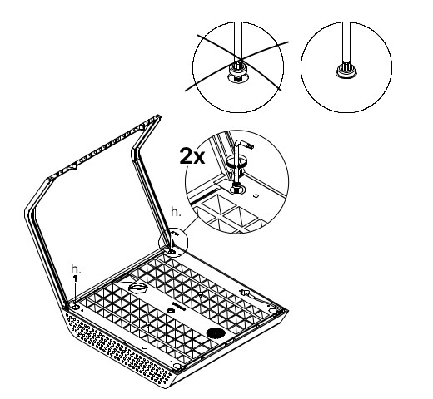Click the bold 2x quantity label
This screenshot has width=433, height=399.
pyautogui.click(x=192, y=156)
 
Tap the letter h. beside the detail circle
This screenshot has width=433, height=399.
pyautogui.click(x=176, y=212)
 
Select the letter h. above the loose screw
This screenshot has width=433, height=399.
pyautogui.click(x=76, y=269)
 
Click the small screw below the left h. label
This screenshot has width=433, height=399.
pyautogui.click(x=75, y=278)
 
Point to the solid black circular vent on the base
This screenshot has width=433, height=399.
pyautogui.click(x=216, y=333)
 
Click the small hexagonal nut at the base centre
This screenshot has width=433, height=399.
pyautogui.click(x=170, y=310)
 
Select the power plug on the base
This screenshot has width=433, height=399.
pyautogui.click(x=244, y=293)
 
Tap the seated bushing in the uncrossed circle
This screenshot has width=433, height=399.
pyautogui.click(x=346, y=71)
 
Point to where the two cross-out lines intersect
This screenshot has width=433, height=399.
pyautogui.click(x=239, y=59)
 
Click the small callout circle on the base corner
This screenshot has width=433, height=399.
pyautogui.click(x=173, y=243)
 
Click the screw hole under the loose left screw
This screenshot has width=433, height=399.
pyautogui.click(x=75, y=307)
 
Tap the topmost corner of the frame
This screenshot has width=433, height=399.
pyautogui.click(x=159, y=116)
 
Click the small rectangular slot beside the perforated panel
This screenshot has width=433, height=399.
pyautogui.click(x=145, y=347)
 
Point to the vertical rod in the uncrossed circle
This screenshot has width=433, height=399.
pyautogui.click(x=346, y=44)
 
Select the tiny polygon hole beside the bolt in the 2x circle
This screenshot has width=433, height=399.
pyautogui.click(x=256, y=195)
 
